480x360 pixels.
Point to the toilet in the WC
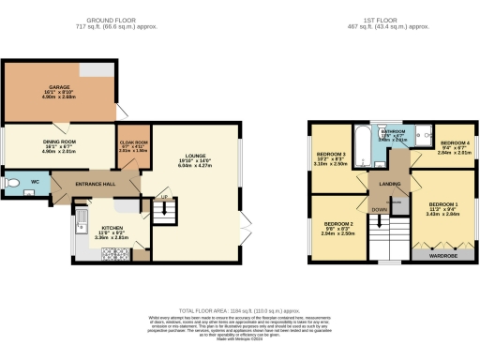click(13, 183)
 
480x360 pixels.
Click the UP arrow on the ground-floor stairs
click(164, 198)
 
